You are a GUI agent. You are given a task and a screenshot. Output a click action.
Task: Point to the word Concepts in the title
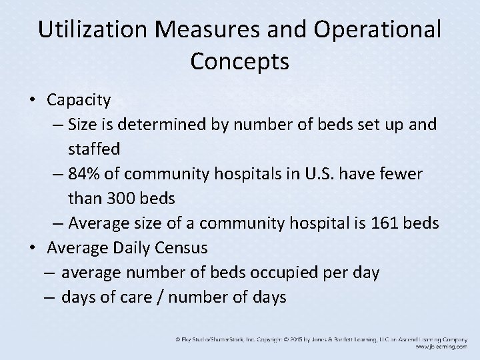click(239, 61)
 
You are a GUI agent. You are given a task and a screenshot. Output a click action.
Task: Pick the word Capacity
click(79, 100)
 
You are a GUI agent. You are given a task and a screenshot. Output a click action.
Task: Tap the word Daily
click(127, 248)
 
